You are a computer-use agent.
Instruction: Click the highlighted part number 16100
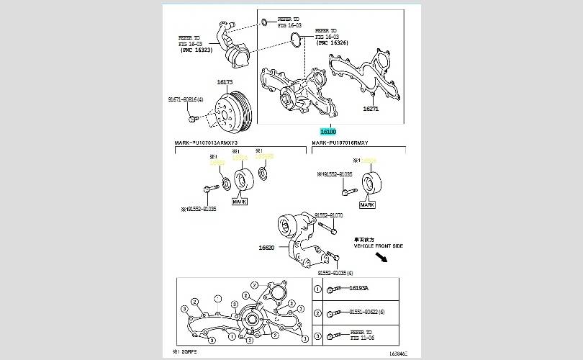(328, 132)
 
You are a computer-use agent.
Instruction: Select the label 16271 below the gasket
(371, 109)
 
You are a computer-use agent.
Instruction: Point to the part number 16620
(268, 247)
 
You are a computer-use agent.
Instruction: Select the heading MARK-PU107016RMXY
(341, 143)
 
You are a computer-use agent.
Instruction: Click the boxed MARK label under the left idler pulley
(240, 202)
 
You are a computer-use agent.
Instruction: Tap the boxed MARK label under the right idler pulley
(368, 205)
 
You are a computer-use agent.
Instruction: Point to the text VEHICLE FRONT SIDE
(379, 246)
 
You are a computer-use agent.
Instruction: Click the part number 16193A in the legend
(359, 288)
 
